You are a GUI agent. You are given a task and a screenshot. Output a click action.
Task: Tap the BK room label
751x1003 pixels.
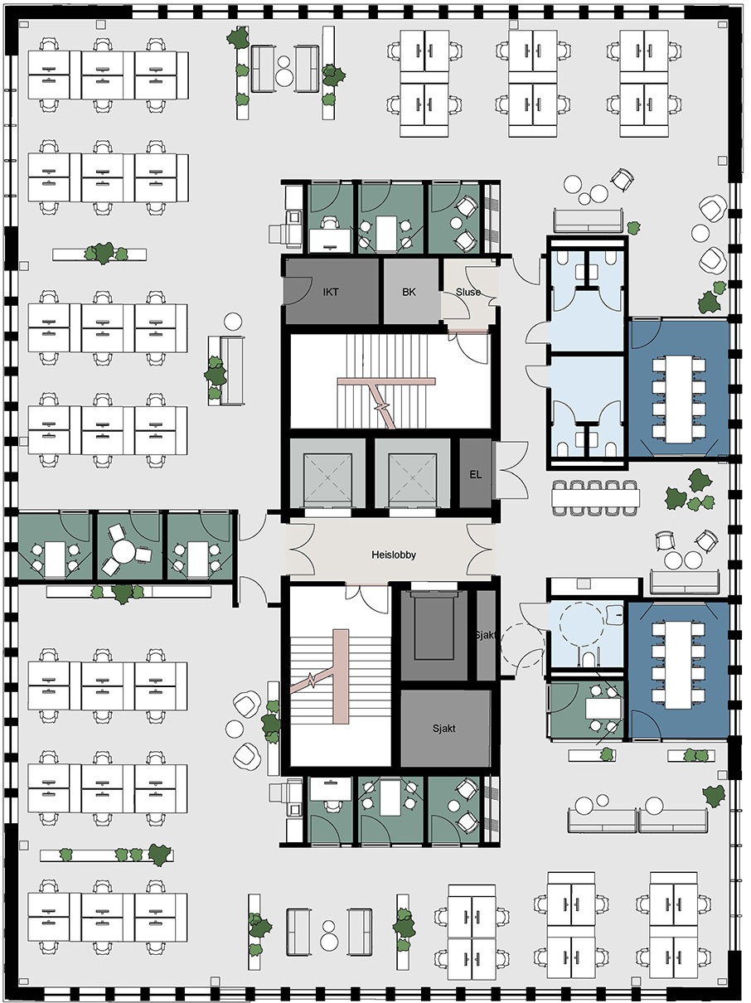coord(409,292)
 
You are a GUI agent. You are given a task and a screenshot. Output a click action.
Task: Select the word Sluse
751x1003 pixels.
coord(468,292)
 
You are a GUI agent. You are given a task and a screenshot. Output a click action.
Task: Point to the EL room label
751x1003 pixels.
coord(476,474)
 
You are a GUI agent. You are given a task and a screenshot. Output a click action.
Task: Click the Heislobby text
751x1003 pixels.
coord(393,555)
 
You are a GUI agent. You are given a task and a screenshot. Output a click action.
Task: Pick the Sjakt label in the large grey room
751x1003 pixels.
coord(444,729)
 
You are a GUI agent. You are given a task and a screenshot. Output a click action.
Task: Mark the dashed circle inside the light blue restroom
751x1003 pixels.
coord(582,625)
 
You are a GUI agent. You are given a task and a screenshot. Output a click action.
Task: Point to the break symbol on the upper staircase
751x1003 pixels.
coord(381,406)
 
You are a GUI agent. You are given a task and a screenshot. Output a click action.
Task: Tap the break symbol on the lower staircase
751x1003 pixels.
coord(312,681)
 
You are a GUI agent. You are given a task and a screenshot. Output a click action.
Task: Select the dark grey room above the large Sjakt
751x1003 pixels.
coord(434,636)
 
